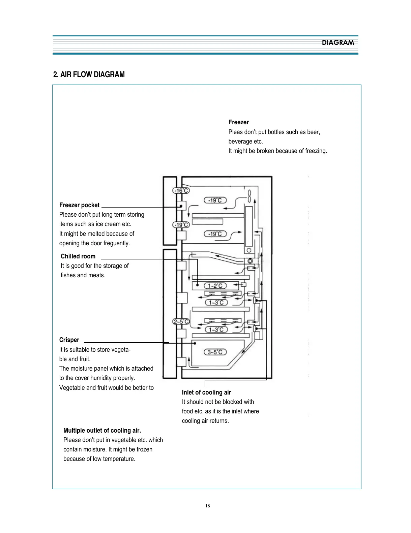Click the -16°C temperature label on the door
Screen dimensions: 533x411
(x=181, y=190)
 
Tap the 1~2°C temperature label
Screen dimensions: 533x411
(x=215, y=286)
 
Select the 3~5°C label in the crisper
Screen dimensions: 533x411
(x=215, y=352)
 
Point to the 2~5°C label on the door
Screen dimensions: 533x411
(x=181, y=321)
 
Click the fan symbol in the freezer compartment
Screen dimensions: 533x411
(x=249, y=195)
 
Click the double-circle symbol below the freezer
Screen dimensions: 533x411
(x=250, y=261)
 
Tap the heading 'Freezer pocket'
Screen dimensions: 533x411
(x=79, y=205)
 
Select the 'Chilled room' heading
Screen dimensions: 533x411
(x=78, y=256)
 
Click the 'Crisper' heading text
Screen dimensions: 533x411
(x=69, y=340)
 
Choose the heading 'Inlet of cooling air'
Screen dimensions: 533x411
(x=206, y=393)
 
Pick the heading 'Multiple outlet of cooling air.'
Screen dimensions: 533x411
(x=102, y=431)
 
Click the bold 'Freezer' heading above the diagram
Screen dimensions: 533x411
(x=238, y=122)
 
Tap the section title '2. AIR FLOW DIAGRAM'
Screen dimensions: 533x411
(x=89, y=74)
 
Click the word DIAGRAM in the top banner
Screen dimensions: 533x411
(x=338, y=42)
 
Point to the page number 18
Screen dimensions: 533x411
(x=207, y=506)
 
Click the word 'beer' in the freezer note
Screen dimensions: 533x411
(x=313, y=132)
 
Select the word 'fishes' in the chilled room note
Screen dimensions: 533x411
(x=68, y=275)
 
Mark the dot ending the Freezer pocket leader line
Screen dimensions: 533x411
(x=181, y=206)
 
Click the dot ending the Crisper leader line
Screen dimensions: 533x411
(x=195, y=343)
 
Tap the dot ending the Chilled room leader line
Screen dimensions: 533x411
(x=198, y=285)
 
